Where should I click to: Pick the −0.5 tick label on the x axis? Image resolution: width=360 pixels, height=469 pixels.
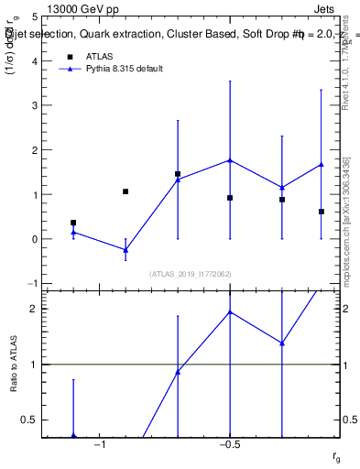click(x=229, y=444)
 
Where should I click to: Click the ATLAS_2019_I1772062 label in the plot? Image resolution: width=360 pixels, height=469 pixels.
click(x=191, y=274)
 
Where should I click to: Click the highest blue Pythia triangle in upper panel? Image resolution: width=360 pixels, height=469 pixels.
click(x=230, y=160)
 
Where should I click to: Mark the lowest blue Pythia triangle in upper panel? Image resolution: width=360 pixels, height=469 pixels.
click(x=125, y=249)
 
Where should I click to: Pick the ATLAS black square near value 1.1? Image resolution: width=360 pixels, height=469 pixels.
click(x=125, y=191)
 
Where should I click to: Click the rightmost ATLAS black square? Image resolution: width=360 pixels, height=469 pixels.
click(x=322, y=212)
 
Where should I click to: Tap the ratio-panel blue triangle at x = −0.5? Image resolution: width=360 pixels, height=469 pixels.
click(x=230, y=311)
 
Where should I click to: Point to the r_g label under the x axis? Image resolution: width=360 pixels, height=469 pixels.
click(x=336, y=455)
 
